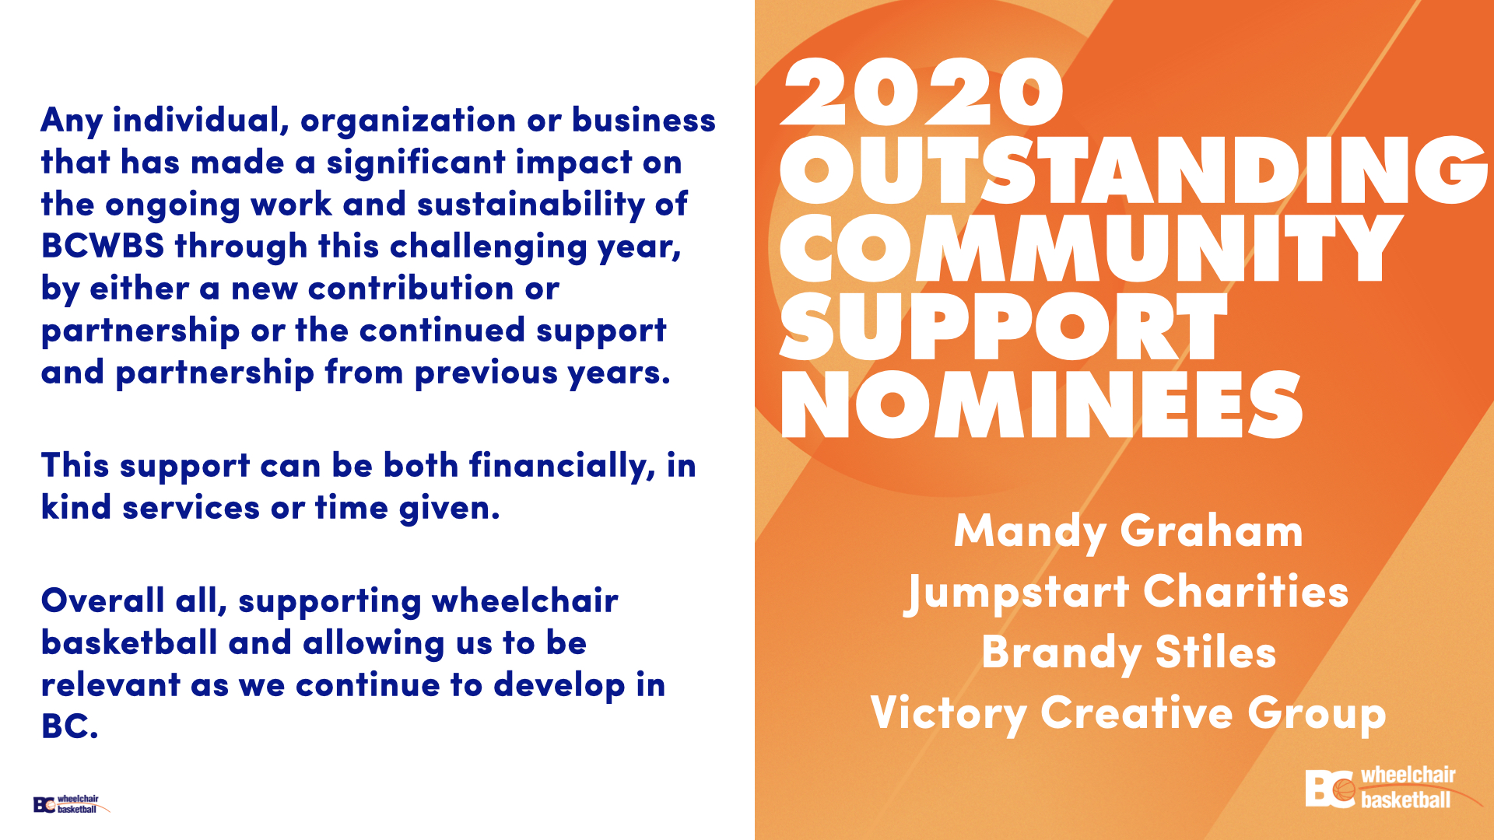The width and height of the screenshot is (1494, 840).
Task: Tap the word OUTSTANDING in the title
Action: coord(1134,170)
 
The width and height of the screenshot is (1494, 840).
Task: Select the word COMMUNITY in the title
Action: coord(1090,248)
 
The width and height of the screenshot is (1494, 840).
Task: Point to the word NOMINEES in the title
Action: coord(1042,404)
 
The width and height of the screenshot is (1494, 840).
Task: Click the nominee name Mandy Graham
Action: coord(1128,532)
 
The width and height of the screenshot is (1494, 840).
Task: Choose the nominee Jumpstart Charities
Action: coord(1126,593)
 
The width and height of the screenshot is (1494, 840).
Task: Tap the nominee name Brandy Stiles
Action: coord(1128,653)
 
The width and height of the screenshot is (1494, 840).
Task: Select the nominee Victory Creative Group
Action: coord(1128,713)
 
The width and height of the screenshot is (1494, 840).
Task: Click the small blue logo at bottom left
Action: coord(71,804)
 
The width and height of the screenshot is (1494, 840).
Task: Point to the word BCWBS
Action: coord(103,246)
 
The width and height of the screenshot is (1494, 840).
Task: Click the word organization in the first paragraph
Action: coord(408,121)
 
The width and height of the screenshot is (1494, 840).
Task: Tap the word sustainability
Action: coord(531,205)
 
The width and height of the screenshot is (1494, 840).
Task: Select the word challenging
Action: coord(488,247)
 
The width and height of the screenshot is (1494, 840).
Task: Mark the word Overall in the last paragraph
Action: coord(103,600)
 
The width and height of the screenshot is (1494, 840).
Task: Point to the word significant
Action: coord(416,163)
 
